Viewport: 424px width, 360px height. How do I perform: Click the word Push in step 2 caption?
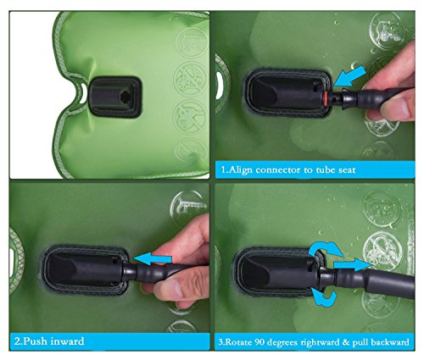(34, 342)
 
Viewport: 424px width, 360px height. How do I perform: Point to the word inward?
(71, 342)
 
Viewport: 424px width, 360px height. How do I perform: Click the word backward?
(402, 342)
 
